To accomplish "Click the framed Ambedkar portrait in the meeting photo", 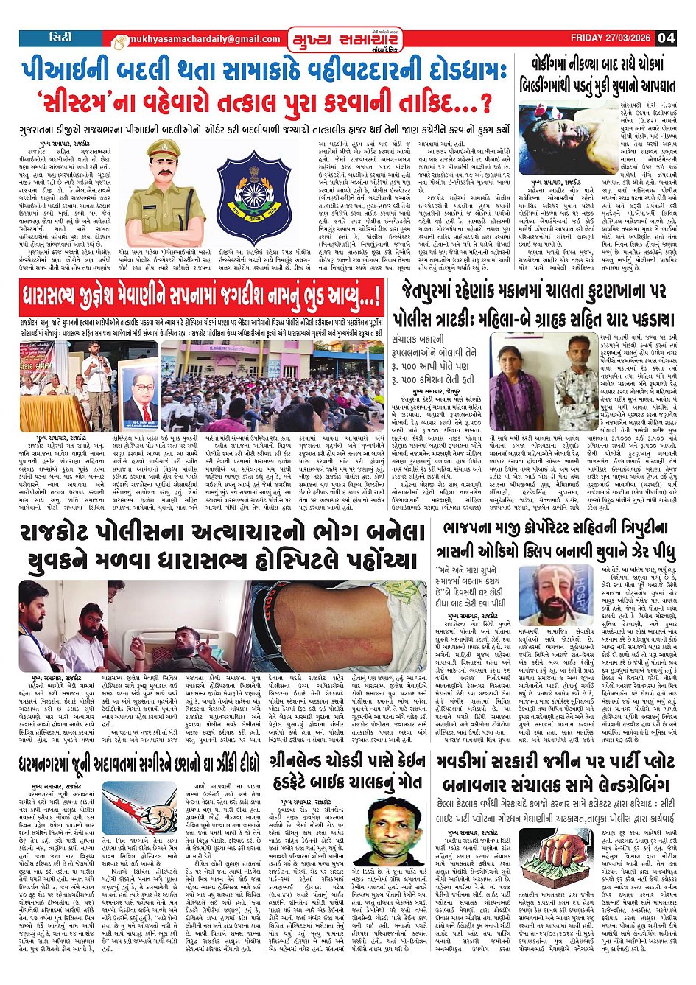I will [140, 393].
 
